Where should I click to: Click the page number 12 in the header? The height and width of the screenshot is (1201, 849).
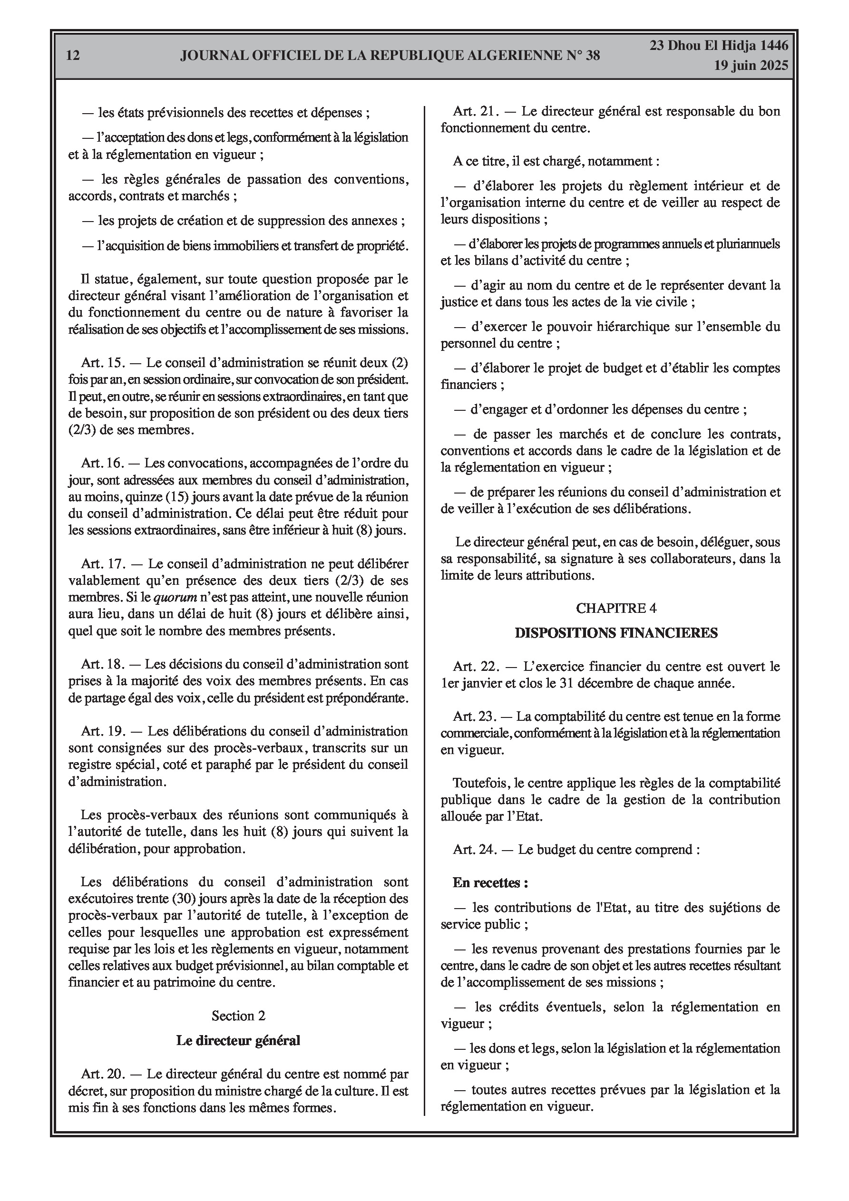pyautogui.click(x=73, y=56)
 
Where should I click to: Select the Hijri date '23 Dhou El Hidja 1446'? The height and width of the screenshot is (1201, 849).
pyautogui.click(x=719, y=46)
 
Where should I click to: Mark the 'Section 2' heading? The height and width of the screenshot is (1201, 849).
pyautogui.click(x=238, y=1016)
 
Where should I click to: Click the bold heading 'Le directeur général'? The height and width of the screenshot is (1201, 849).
pyautogui.click(x=238, y=1040)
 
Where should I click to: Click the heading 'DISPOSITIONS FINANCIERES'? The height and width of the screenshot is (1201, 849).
pyautogui.click(x=616, y=633)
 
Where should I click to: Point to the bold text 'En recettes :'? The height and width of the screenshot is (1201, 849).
pyautogui.click(x=490, y=883)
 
